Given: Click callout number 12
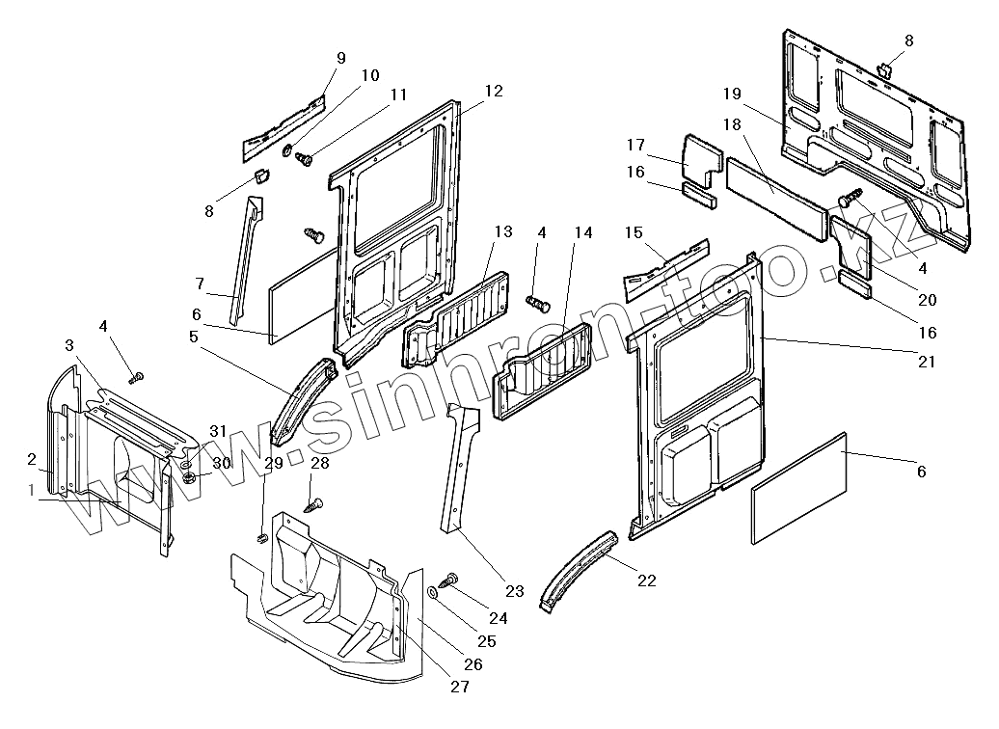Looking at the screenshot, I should pos(494,92).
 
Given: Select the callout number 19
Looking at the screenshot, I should pos(731,94).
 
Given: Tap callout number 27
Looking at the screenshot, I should pos(460,688).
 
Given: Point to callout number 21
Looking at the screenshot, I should pos(925,362).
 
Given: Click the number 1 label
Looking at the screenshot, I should pos(32,491).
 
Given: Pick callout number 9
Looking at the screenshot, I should pos(340,59).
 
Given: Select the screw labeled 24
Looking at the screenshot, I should pos(448,580).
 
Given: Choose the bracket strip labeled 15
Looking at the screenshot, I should pos(666,266).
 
